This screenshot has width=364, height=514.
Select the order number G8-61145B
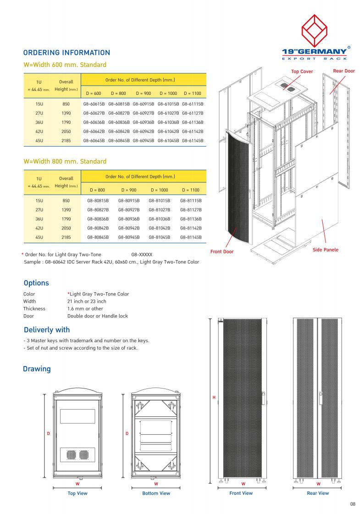tap(193, 140)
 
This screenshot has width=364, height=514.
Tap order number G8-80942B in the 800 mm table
tap(129, 228)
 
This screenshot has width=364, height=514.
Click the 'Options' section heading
tap(36, 284)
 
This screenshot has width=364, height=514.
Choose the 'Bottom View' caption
tap(156, 493)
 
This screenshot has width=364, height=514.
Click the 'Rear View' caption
tap(318, 493)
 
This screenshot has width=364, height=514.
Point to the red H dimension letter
tap(214, 397)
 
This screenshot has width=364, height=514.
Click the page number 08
tap(353, 504)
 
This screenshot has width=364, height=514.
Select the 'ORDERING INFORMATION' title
tap(66, 53)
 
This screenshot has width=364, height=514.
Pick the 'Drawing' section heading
tap(37, 369)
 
